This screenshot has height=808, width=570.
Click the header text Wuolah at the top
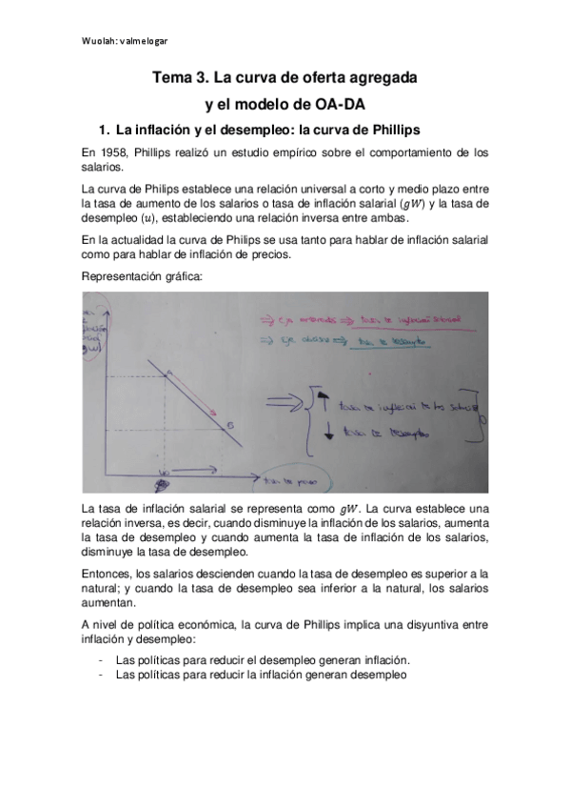(x=95, y=41)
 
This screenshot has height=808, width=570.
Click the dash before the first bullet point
(x=101, y=659)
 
